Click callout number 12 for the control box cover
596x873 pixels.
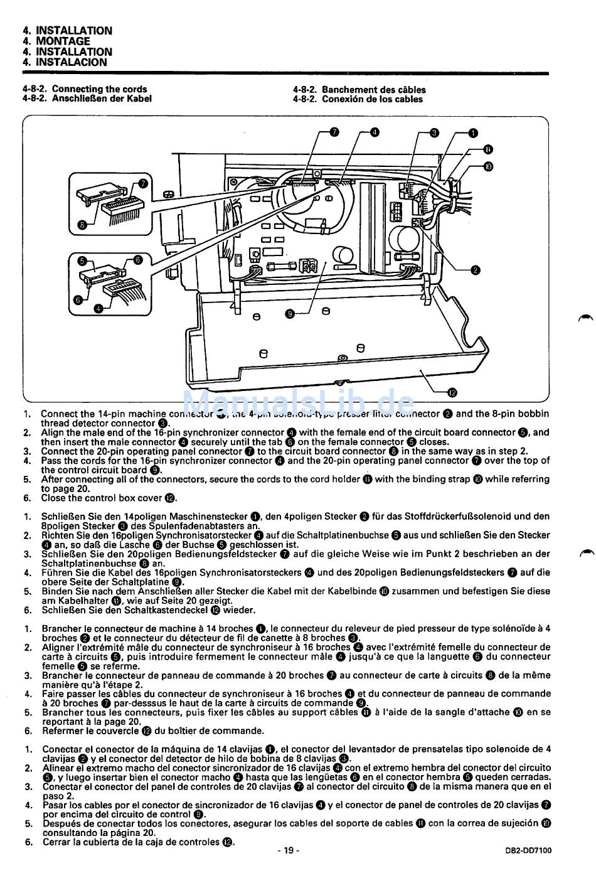coord(453,393)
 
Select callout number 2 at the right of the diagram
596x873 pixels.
coord(475,270)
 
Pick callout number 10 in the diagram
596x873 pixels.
coord(488,166)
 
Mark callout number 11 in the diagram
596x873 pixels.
coord(488,149)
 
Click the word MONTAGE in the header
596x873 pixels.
coord(63,41)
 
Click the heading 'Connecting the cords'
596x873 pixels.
coord(99,89)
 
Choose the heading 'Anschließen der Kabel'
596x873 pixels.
coord(102,99)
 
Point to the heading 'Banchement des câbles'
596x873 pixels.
coord(373,90)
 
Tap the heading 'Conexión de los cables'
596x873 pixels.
coord(372,99)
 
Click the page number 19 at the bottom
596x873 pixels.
coord(288,850)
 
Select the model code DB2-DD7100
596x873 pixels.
coord(528,851)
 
